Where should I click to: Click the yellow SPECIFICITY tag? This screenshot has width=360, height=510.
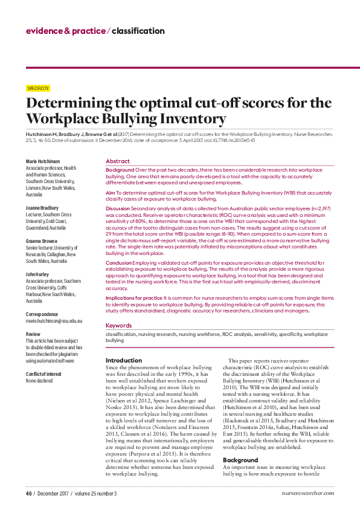pyautogui.click(x=39, y=88)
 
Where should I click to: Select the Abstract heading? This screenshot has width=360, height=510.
pyautogui.click(x=117, y=161)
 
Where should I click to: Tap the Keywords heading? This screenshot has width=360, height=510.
pyautogui.click(x=119, y=325)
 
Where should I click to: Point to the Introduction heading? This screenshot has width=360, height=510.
pyautogui.click(x=124, y=360)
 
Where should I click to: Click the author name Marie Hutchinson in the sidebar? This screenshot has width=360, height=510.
pyautogui.click(x=43, y=161)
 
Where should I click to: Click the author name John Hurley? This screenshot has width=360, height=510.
pyautogui.click(x=38, y=274)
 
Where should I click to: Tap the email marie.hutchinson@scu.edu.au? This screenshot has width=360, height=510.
pyautogui.click(x=54, y=321)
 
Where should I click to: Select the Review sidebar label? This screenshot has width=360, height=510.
pyautogui.click(x=33, y=334)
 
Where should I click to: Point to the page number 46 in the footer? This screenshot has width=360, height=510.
pyautogui.click(x=28, y=493)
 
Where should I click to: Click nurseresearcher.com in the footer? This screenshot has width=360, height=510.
pyautogui.click(x=307, y=493)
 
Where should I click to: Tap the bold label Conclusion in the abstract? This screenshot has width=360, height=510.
pyautogui.click(x=118, y=263)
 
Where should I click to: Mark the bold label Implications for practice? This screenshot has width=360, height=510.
pyautogui.click(x=133, y=298)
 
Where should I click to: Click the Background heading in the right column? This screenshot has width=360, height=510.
pyautogui.click(x=240, y=443)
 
